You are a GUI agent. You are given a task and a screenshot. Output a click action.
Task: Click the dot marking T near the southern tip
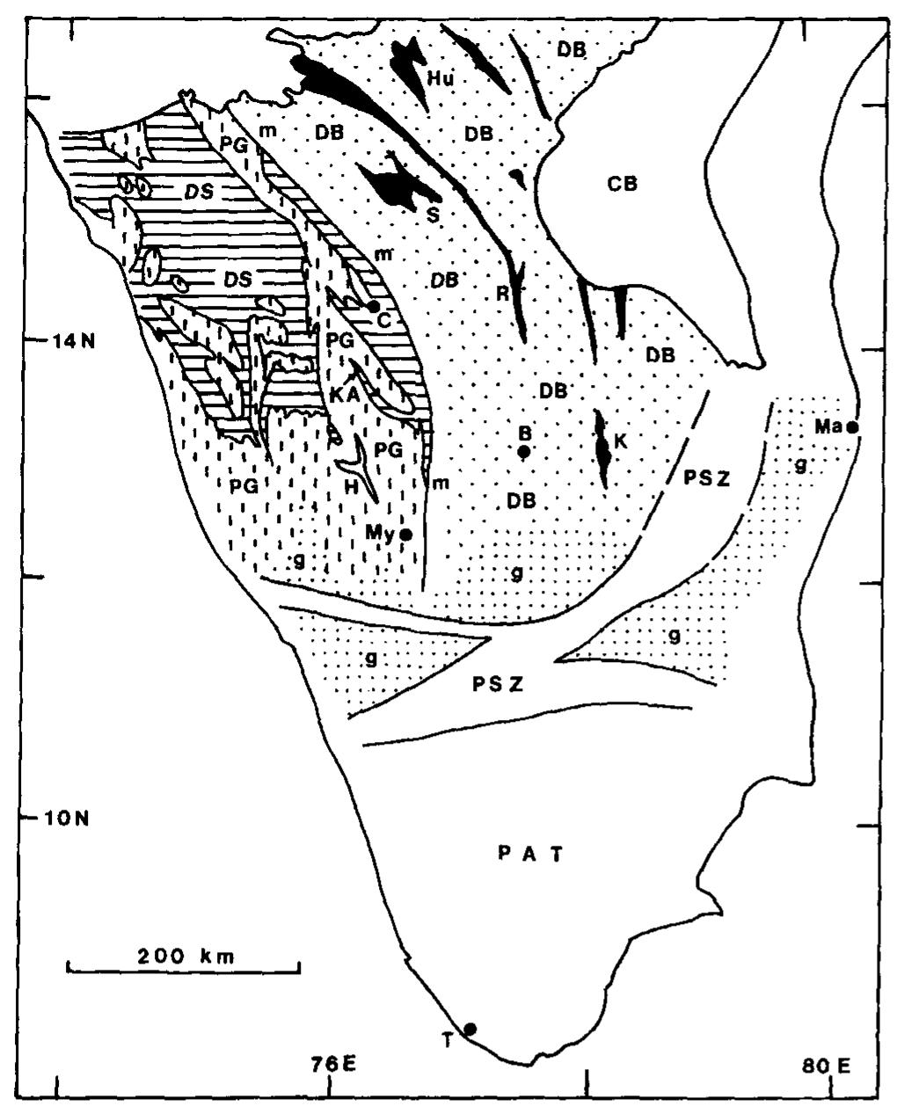tap(470, 1029)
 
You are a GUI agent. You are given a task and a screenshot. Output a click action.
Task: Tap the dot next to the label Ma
tap(851, 427)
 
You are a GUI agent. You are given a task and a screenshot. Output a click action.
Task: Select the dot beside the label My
tap(406, 534)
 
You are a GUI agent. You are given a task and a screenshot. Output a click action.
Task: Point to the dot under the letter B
tap(523, 452)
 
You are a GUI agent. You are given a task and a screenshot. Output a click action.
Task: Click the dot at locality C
tap(373, 306)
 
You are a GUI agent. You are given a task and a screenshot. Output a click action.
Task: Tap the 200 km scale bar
tap(184, 965)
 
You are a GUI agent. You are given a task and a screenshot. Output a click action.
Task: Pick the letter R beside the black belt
tap(502, 293)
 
